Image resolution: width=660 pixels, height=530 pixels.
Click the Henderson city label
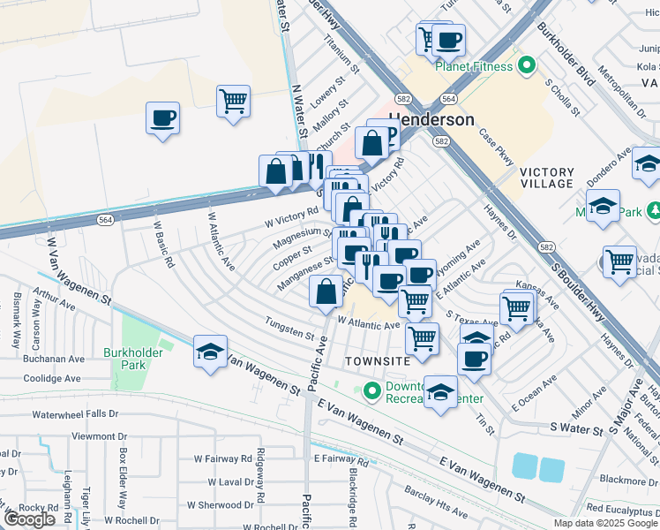[x=431, y=119]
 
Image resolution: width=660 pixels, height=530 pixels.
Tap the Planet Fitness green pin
[x=527, y=65]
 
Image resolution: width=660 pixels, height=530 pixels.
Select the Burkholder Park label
[x=122, y=358]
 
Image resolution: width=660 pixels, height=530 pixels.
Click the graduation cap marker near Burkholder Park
[x=210, y=352]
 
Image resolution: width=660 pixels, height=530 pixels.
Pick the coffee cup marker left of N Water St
[x=163, y=118]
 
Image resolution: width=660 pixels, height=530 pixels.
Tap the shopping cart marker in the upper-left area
[x=234, y=102]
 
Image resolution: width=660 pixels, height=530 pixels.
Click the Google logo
[x=28, y=519]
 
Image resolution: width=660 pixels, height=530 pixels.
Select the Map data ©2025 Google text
[x=605, y=523]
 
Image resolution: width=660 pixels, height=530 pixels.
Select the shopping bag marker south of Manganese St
[x=326, y=291]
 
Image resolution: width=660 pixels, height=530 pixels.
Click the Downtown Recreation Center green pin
[x=371, y=390]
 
